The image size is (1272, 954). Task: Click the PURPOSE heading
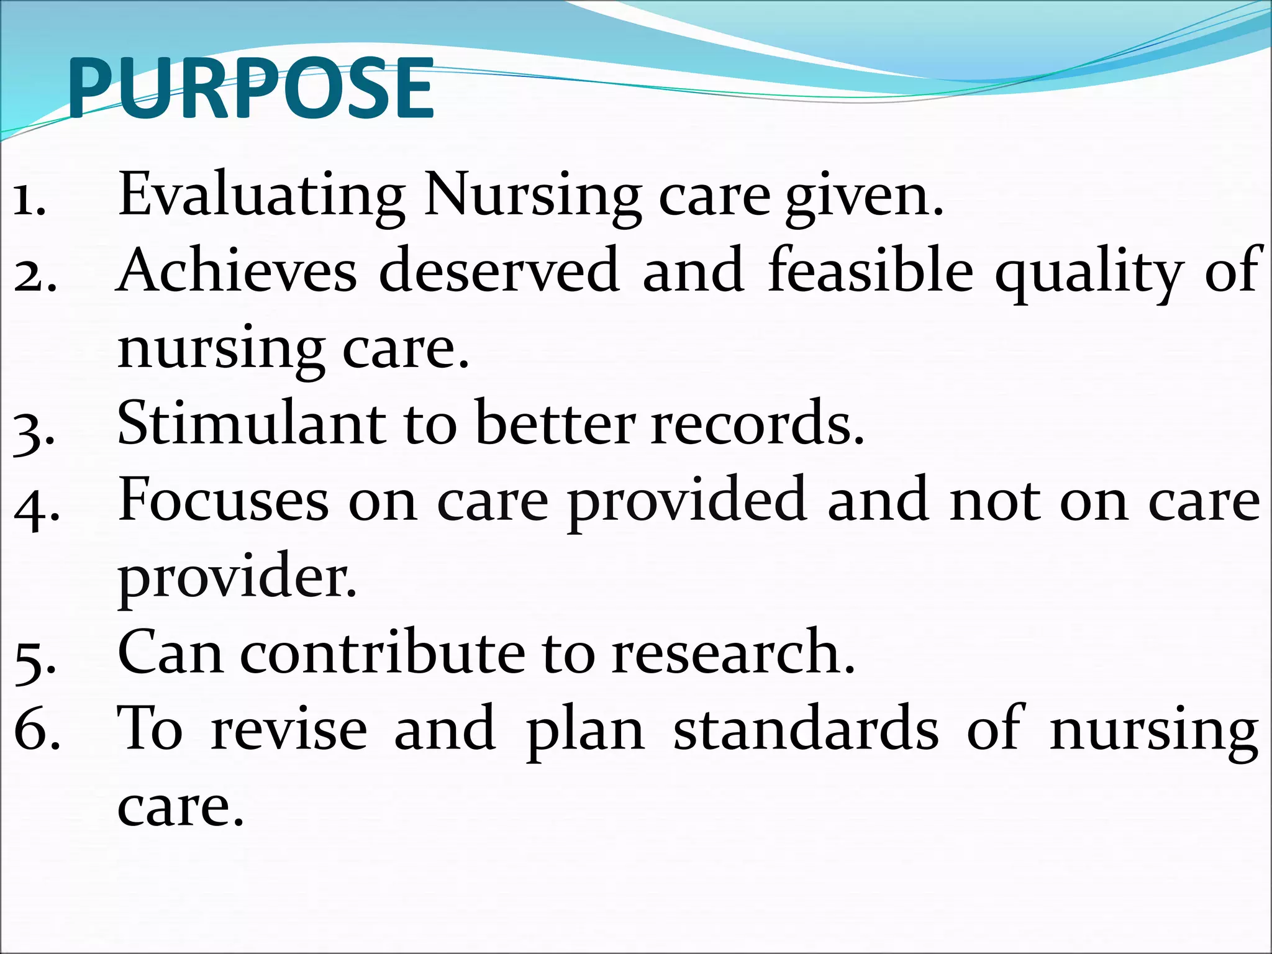[250, 89]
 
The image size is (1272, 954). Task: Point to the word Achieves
[237, 271]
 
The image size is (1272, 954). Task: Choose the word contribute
[382, 653]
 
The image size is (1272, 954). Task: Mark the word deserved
[499, 271]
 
